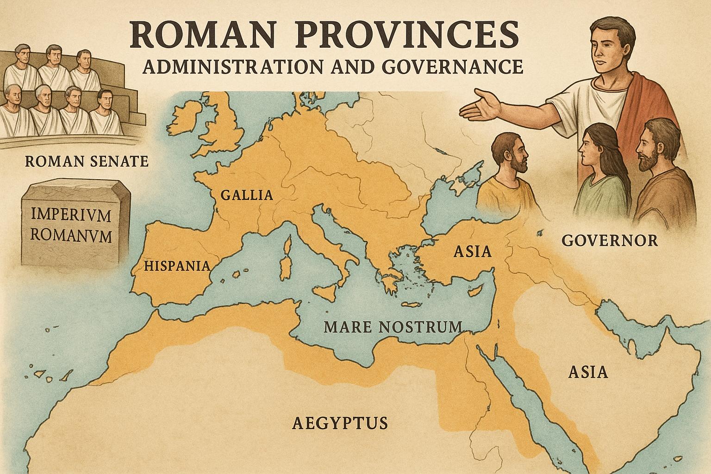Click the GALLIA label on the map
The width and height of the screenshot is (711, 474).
[x=246, y=195]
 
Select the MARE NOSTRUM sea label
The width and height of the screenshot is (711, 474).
[x=393, y=327]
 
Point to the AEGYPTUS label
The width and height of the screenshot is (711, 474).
[x=340, y=422]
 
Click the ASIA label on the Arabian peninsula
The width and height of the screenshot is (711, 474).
[x=588, y=372]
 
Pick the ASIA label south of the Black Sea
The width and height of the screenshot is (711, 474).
[x=472, y=251]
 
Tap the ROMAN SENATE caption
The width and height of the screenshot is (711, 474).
[x=87, y=161]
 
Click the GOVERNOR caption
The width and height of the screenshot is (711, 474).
[x=609, y=240]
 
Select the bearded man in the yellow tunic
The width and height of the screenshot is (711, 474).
[x=509, y=174]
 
